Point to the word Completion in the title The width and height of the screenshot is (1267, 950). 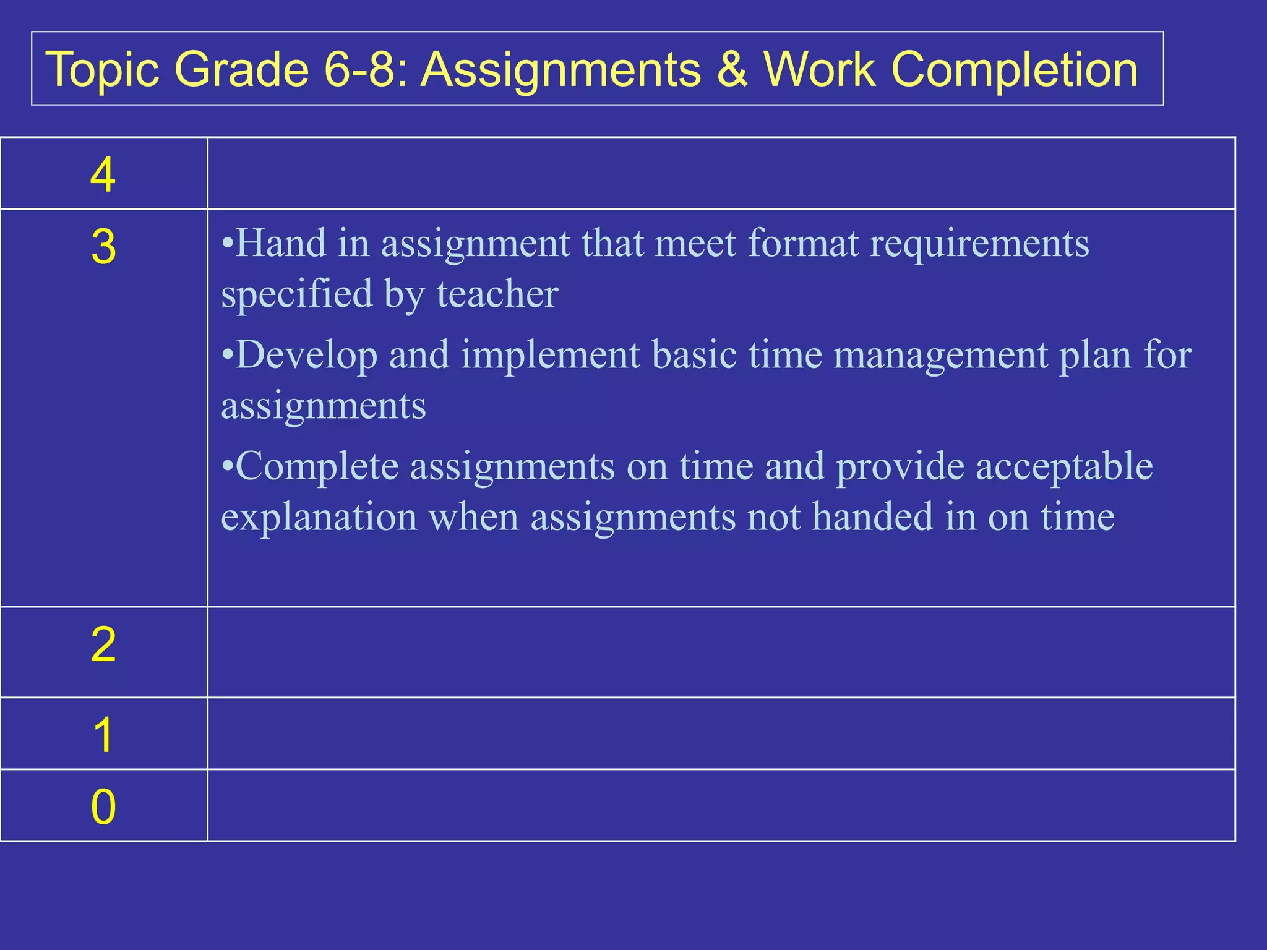click(x=1014, y=69)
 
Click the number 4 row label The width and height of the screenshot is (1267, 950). click(x=103, y=176)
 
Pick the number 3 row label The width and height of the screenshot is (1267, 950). click(x=103, y=247)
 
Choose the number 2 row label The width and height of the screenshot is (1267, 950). click(x=103, y=645)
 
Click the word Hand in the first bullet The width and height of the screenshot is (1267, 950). click(x=281, y=243)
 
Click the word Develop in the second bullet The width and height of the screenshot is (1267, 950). click(x=306, y=356)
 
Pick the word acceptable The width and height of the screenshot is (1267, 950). click(x=1064, y=466)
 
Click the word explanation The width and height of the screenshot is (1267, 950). click(x=319, y=517)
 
